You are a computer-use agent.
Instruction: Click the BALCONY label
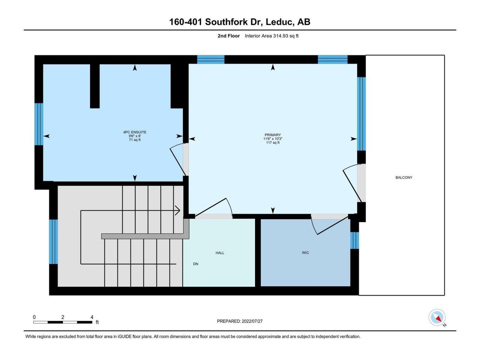click(x=403, y=177)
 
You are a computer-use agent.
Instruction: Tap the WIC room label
click(x=305, y=253)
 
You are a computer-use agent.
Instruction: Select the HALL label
click(x=220, y=253)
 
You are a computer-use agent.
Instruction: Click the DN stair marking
click(x=195, y=264)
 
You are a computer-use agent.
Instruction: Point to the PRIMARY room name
click(x=273, y=135)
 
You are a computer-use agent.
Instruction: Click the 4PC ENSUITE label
click(x=135, y=132)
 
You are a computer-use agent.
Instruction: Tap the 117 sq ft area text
click(x=273, y=142)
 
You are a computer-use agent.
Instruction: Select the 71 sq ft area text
click(x=135, y=139)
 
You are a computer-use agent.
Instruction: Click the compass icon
click(x=437, y=317)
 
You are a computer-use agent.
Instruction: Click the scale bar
click(x=63, y=322)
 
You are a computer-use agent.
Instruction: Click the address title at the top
click(x=240, y=22)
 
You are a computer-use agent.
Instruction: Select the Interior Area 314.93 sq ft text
click(x=271, y=36)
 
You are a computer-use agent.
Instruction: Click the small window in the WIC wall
click(x=354, y=240)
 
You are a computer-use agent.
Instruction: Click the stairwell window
click(x=53, y=242)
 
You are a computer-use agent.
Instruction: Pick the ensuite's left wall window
click(x=39, y=124)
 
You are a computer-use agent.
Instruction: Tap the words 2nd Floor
click(x=228, y=36)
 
